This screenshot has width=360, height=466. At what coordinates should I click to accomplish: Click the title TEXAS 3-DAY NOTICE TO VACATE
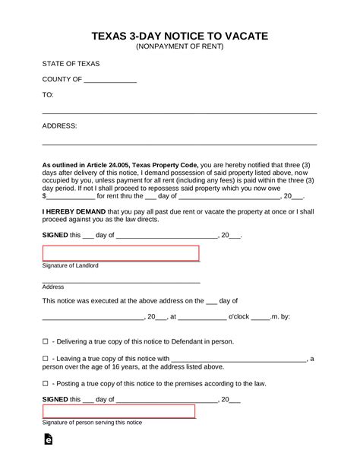(179, 36)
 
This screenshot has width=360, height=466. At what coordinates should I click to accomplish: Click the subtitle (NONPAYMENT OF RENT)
(179, 46)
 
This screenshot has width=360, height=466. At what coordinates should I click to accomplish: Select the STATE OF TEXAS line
(71, 63)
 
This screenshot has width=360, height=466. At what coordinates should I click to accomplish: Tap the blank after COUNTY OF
(110, 79)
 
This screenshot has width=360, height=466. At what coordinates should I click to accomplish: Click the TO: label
(48, 95)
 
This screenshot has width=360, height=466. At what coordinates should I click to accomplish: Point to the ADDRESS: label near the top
(59, 126)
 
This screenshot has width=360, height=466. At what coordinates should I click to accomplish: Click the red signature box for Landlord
(120, 253)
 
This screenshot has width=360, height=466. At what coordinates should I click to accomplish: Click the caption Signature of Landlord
(71, 266)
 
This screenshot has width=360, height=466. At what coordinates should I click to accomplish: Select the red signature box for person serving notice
(118, 411)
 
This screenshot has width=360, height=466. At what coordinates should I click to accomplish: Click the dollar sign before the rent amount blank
(43, 196)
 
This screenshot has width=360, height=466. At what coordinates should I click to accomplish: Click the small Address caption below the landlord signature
(53, 287)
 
